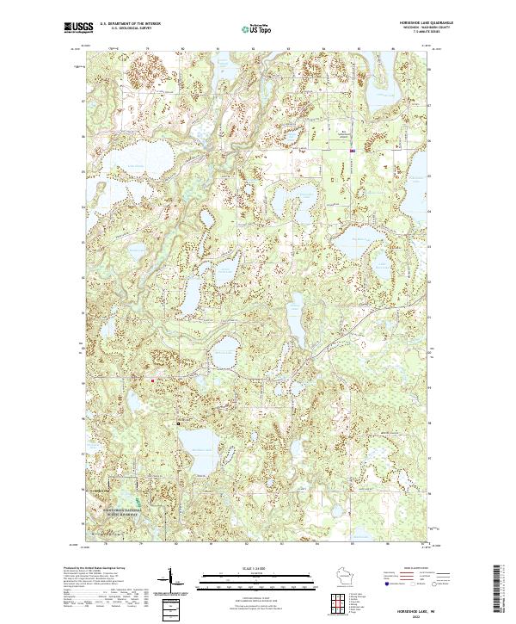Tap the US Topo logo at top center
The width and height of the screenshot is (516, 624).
(257, 28)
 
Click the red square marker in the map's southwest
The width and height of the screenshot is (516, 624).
(153, 380)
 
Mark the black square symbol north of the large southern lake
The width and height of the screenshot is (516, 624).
(178, 423)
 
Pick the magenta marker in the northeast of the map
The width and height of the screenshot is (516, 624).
(353, 151)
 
